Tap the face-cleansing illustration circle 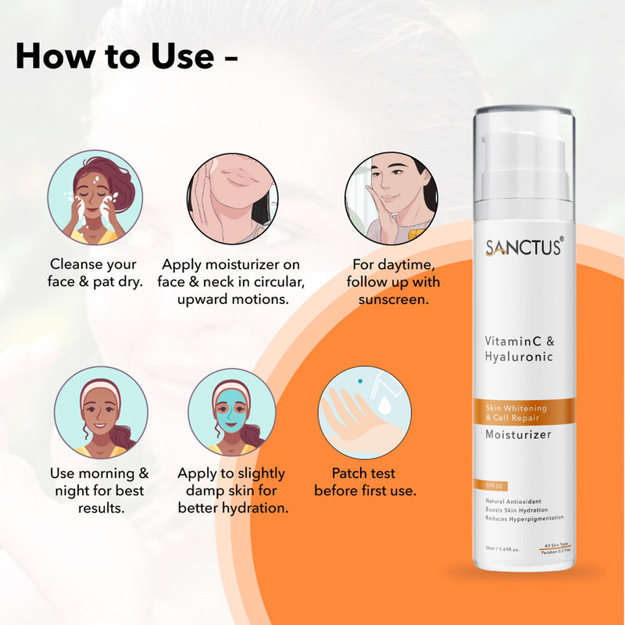tap(95, 197)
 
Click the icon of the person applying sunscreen tap(391, 198)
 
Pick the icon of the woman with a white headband tap(101, 412)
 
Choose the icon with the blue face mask tap(231, 412)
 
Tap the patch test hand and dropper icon tap(364, 412)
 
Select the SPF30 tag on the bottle tap(495, 487)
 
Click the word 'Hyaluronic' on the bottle tap(519, 357)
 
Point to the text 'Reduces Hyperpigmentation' tap(524, 518)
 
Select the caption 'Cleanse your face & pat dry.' tap(95, 273)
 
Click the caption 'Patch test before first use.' tap(364, 482)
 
